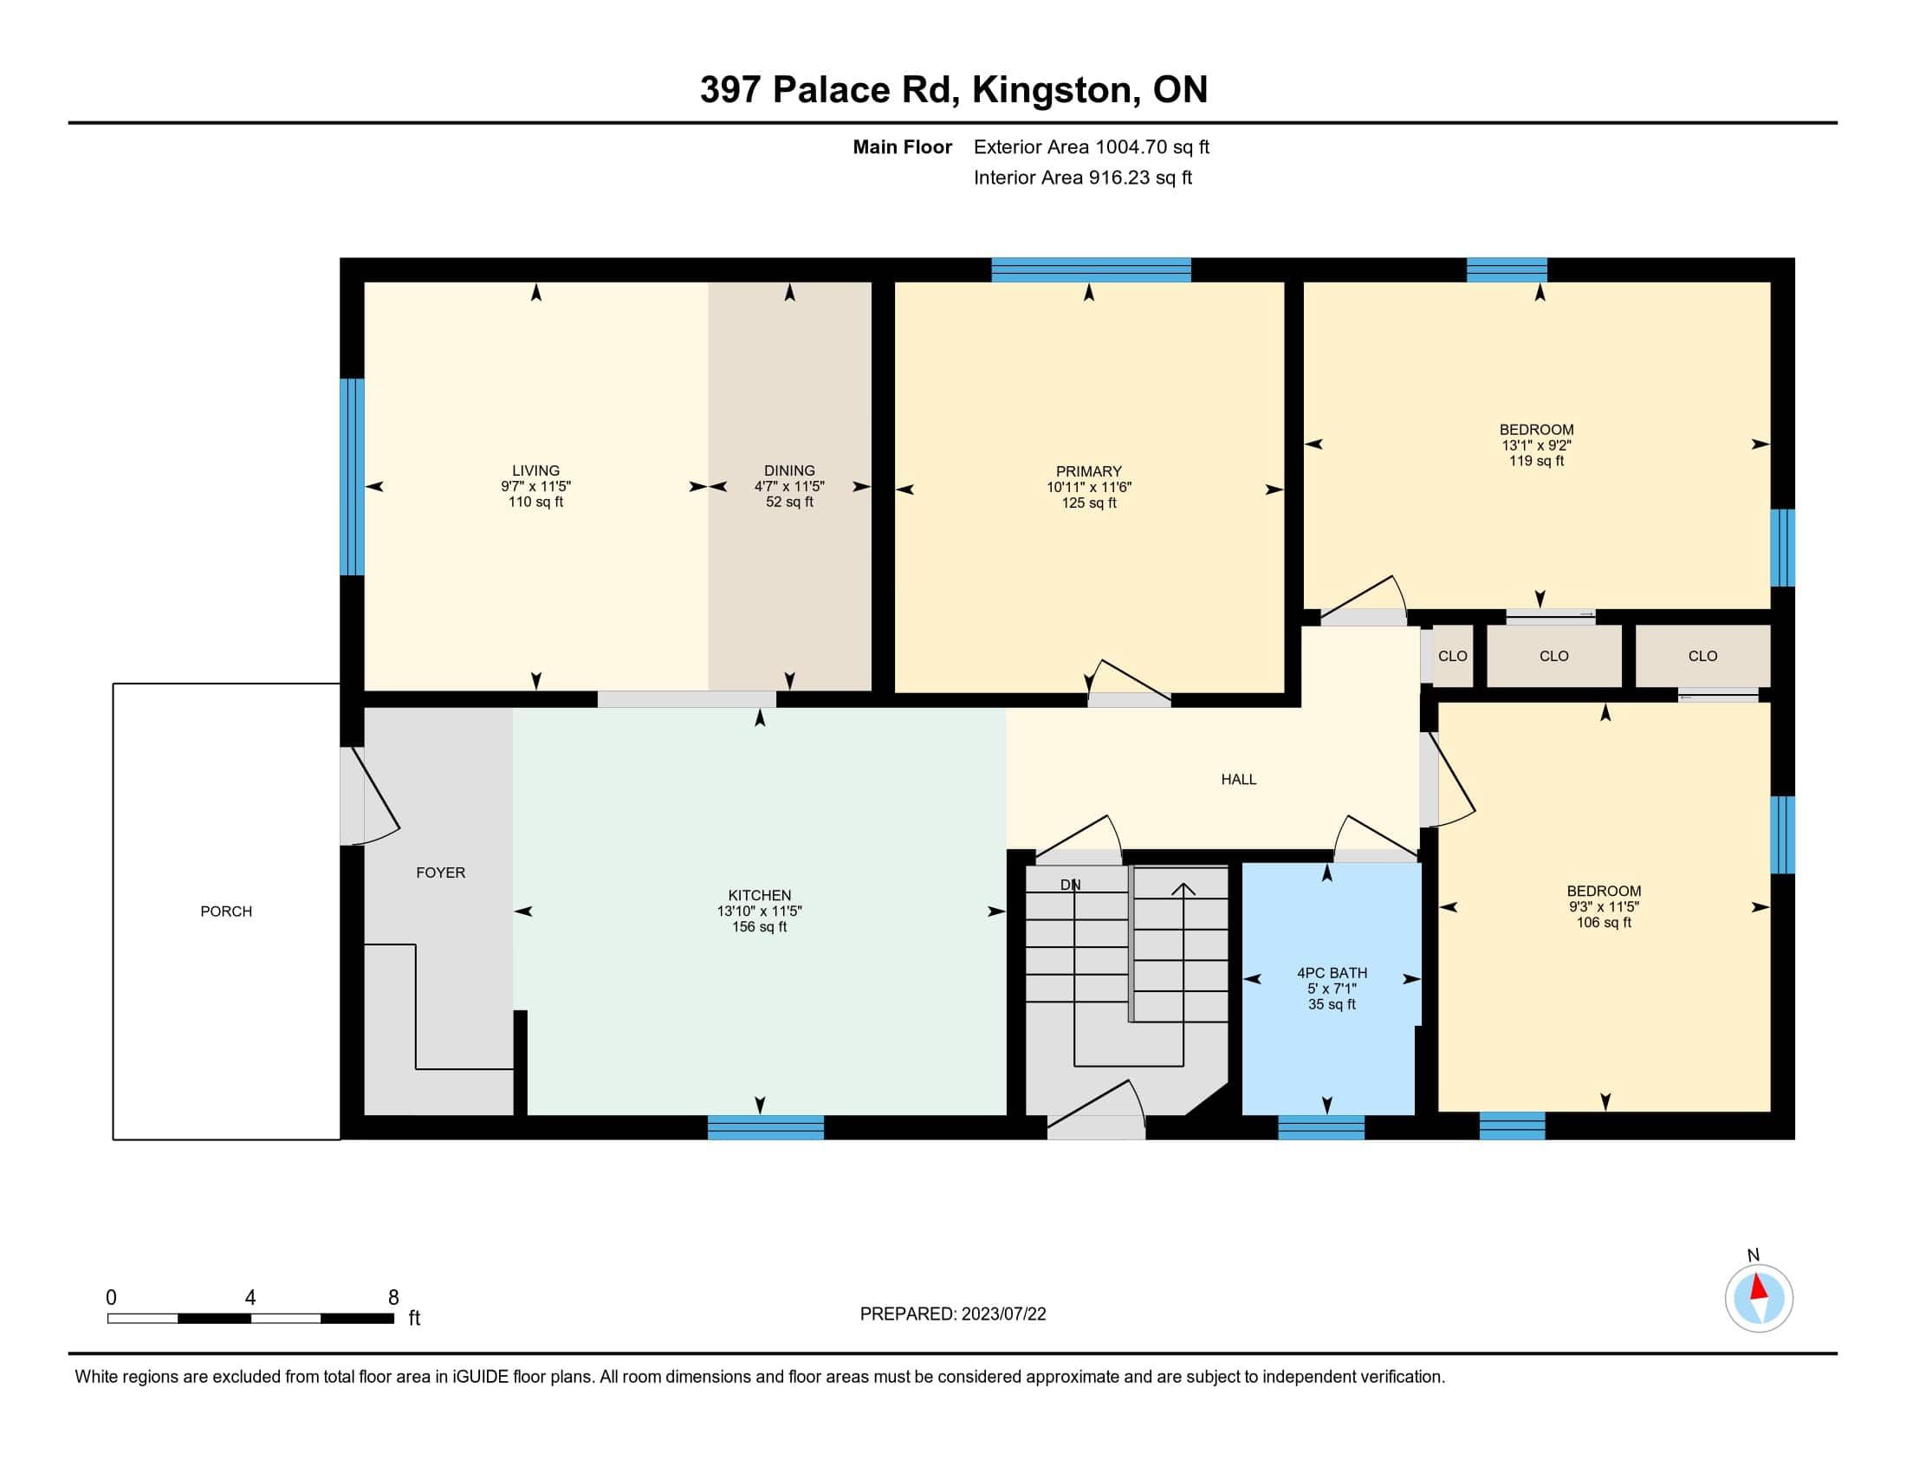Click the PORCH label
(226, 911)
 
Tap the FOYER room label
(441, 873)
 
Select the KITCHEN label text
(760, 895)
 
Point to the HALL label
(1239, 779)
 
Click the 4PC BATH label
(1332, 973)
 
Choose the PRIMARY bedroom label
(1088, 471)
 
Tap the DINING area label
(790, 470)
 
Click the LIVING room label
(535, 470)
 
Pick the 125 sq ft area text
(1089, 503)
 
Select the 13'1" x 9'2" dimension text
(1537, 445)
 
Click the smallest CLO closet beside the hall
(1453, 656)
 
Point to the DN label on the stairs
(1071, 885)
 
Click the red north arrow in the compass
(1760, 1289)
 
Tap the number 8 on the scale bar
(393, 1298)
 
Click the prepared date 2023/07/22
(1003, 1314)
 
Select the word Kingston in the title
(1053, 90)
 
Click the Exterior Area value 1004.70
(1131, 146)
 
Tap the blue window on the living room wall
(352, 477)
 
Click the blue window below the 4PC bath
(1321, 1127)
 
